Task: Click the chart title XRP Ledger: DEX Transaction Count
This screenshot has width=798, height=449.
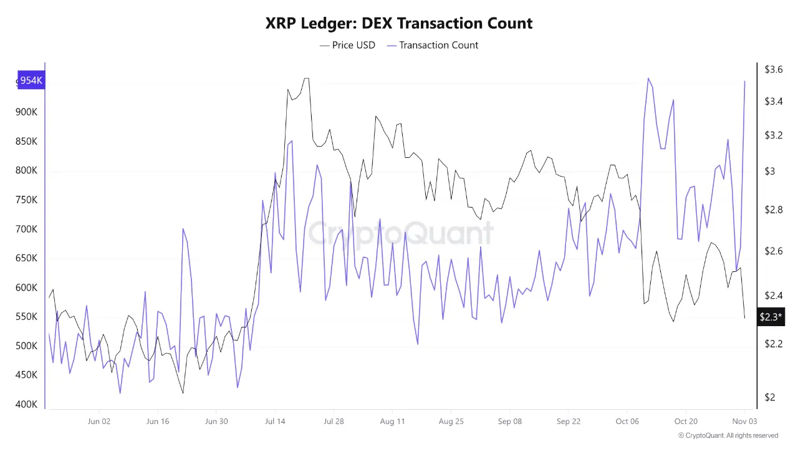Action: (x=399, y=24)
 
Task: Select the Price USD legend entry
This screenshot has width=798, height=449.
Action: (x=347, y=45)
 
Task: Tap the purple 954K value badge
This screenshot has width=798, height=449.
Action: (x=31, y=80)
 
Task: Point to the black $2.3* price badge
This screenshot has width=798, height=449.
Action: (x=771, y=317)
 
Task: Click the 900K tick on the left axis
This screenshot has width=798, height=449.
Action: (x=27, y=112)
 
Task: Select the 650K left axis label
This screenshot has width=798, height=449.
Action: (x=27, y=258)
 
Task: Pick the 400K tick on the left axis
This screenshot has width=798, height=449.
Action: (x=27, y=405)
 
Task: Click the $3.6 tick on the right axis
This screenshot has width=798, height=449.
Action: (x=774, y=69)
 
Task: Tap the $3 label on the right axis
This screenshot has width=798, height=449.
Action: (x=769, y=171)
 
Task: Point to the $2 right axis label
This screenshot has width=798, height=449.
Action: (x=769, y=397)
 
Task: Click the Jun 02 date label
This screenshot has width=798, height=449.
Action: (x=99, y=422)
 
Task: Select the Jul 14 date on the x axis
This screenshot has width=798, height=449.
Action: (x=275, y=422)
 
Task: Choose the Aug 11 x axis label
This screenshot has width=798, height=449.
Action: (x=392, y=422)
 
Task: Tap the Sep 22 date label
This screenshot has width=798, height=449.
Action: (x=568, y=422)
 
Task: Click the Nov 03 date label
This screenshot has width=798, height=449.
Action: (x=744, y=422)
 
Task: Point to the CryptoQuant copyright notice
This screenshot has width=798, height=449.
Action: (x=728, y=435)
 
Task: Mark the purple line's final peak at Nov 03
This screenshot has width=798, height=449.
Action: (x=744, y=81)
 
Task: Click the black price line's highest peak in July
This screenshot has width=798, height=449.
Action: (x=306, y=79)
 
